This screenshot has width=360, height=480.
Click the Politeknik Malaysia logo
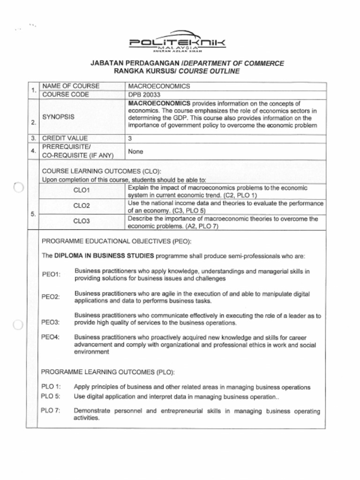177,44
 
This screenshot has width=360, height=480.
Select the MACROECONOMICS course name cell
159,86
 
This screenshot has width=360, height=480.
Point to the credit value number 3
130,139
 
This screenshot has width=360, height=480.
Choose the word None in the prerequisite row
135,152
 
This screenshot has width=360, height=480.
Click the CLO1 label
82,191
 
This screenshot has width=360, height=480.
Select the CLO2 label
82,206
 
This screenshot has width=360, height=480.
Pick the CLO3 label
82,221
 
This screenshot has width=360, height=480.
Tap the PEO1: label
51,274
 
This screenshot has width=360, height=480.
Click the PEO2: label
51,297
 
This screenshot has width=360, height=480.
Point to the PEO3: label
51,322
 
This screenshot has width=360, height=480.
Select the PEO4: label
51,337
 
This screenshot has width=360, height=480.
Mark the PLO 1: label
51,387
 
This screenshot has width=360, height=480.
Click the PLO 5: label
51,396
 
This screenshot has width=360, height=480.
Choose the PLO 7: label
51,411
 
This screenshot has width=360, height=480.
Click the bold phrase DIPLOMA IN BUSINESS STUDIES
104,256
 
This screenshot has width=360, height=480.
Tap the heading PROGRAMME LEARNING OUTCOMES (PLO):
108,372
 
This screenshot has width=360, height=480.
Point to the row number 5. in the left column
33,214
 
